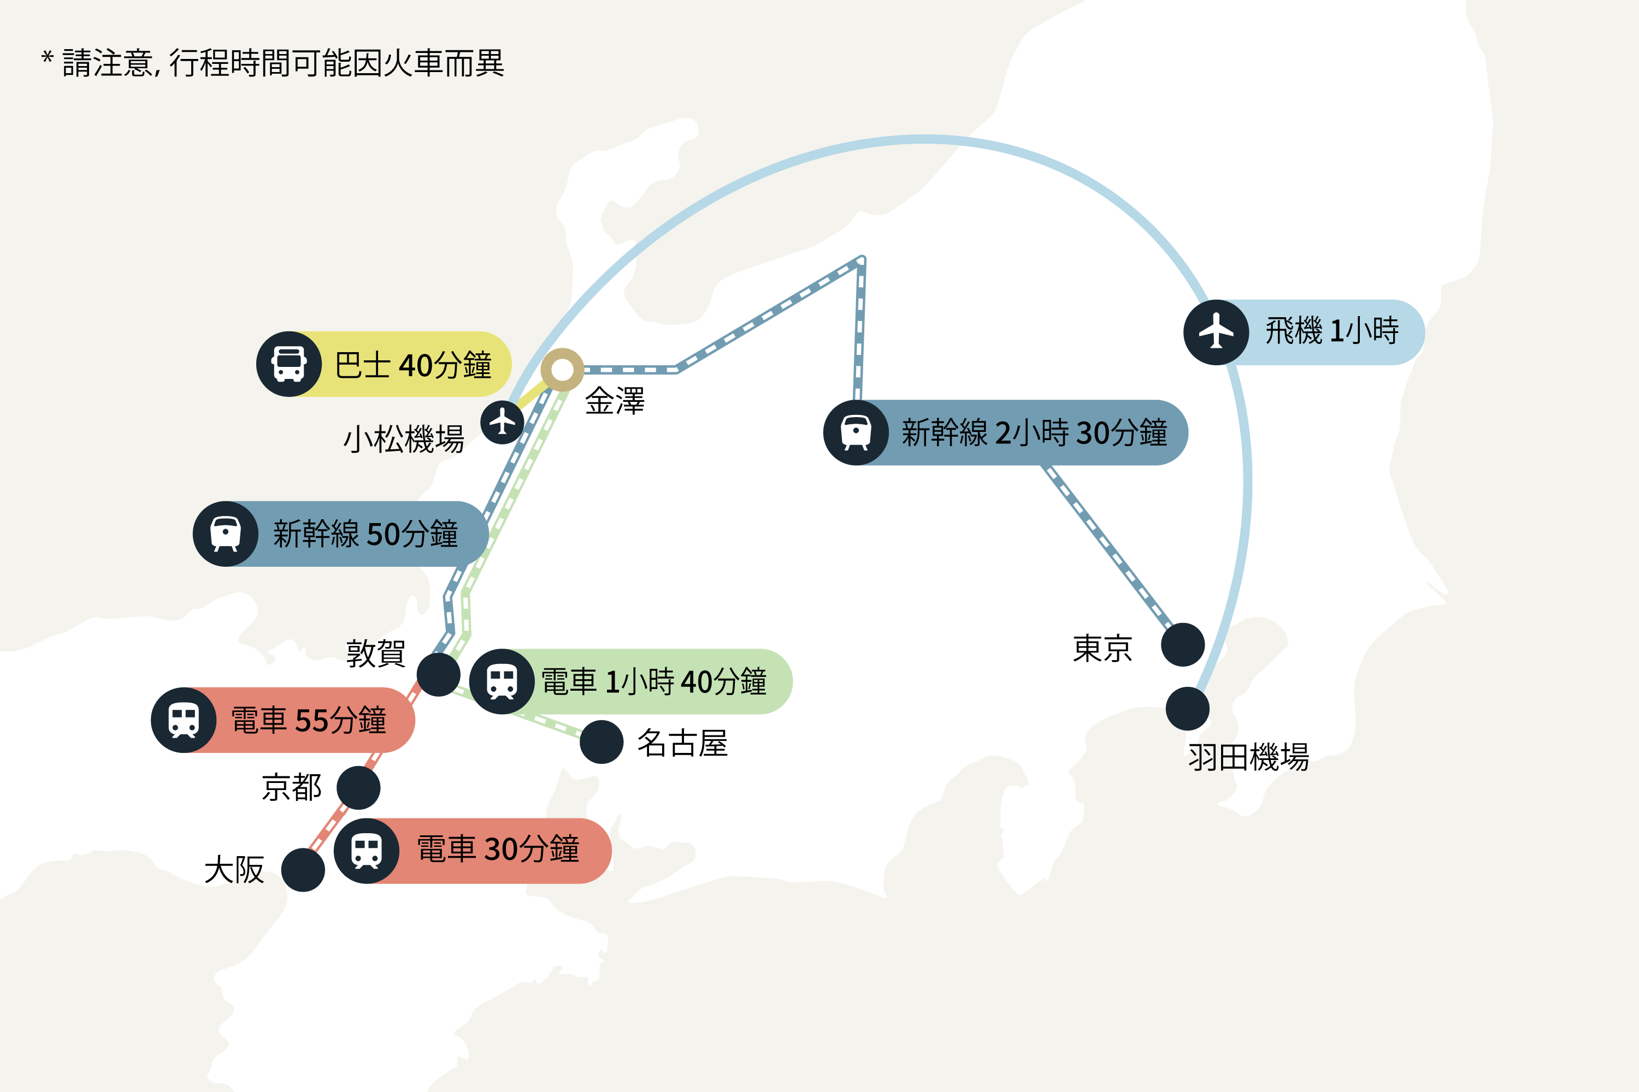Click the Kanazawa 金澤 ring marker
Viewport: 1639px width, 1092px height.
(562, 370)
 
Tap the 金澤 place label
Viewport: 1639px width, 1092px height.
(615, 401)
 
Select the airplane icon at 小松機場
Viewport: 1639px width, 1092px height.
(502, 422)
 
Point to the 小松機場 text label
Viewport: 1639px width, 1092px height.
(404, 440)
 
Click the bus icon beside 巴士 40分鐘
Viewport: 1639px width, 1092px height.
(289, 364)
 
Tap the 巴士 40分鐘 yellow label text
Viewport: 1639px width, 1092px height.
(413, 365)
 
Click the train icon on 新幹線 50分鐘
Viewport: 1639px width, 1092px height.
(226, 533)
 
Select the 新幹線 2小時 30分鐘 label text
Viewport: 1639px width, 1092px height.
(1034, 432)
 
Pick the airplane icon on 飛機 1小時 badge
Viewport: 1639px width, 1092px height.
(1216, 332)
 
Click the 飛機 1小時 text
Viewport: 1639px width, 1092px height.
(1332, 331)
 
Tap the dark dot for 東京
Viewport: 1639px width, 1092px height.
(1183, 644)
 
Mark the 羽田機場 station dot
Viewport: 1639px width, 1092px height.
(1187, 709)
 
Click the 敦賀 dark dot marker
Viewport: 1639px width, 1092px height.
(438, 674)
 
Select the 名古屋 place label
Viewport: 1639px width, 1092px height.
(682, 743)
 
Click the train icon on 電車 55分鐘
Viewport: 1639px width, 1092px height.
(184, 720)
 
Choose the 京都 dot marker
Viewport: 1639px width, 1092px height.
(358, 788)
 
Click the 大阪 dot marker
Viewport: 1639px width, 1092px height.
(303, 870)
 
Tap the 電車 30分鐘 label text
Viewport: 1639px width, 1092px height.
(498, 850)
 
